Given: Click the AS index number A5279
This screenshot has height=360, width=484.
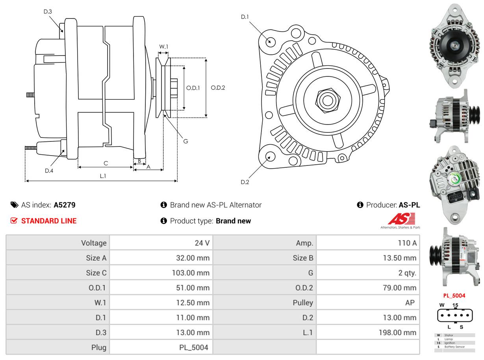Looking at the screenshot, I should tap(65, 205).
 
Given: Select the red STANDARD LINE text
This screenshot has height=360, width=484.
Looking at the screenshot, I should tap(49, 221).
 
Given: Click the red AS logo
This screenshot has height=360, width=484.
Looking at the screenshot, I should tap(401, 219).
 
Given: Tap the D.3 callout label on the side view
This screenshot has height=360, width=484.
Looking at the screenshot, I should tap(48, 11).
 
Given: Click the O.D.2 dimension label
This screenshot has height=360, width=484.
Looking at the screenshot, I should tap(218, 88).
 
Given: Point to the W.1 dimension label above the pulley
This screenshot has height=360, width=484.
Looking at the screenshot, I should tap(163, 46).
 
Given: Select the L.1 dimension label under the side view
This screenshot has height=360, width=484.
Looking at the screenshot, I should tap(102, 176).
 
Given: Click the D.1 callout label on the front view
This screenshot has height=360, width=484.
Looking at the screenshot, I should tap(245, 17).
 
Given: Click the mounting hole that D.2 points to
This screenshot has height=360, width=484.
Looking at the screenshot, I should tap(270, 156).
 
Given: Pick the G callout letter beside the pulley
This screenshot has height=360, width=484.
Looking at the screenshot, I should tap(185, 141).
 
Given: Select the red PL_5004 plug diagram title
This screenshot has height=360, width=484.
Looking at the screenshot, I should tap(454, 295).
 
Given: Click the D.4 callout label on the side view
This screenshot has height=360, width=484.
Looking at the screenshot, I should tap(49, 171).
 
